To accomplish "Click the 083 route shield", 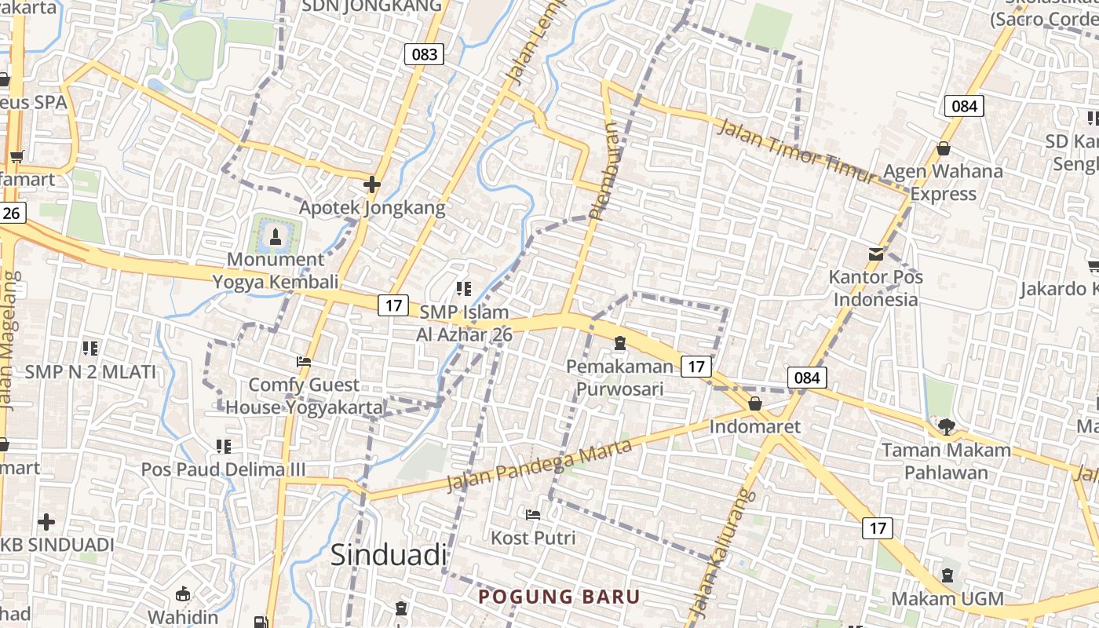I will click(x=425, y=54).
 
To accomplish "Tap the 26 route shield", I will click(x=12, y=213).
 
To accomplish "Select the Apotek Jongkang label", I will click(x=372, y=208).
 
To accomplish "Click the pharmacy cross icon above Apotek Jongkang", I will click(x=372, y=185).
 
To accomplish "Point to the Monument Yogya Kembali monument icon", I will click(x=275, y=235).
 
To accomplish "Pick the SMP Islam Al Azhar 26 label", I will click(x=466, y=323).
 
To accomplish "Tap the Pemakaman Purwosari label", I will click(x=620, y=378).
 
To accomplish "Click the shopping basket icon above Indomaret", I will click(x=755, y=403).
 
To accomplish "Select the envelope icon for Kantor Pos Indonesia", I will click(x=876, y=254).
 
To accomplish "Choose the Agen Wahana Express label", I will click(x=944, y=182).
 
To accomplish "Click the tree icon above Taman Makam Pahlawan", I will click(x=947, y=426).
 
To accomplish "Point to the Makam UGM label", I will click(x=947, y=599).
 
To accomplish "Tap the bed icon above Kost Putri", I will click(x=533, y=515).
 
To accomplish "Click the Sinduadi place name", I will click(x=388, y=554).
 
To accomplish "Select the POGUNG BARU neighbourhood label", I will click(x=560, y=597).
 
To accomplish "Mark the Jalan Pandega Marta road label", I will click(x=539, y=466).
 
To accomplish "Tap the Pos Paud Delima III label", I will click(x=223, y=469).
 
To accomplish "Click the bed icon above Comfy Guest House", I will click(x=304, y=362).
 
